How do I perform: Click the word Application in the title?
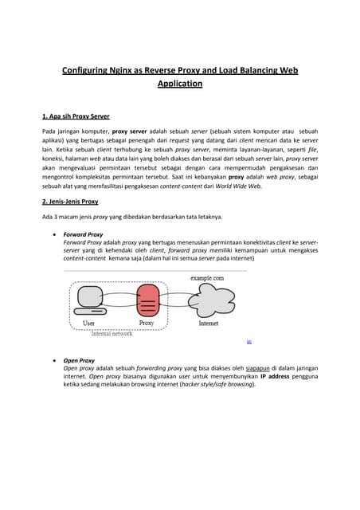click(x=179, y=83)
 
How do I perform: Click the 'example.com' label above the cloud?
click(x=206, y=277)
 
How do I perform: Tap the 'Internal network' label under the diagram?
click(x=112, y=333)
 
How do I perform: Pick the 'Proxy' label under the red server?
click(x=147, y=324)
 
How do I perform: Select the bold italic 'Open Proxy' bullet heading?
click(x=78, y=360)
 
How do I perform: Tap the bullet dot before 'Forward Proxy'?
click(x=53, y=235)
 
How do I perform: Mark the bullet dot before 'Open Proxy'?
click(x=53, y=360)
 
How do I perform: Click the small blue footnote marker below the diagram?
click(x=248, y=341)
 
